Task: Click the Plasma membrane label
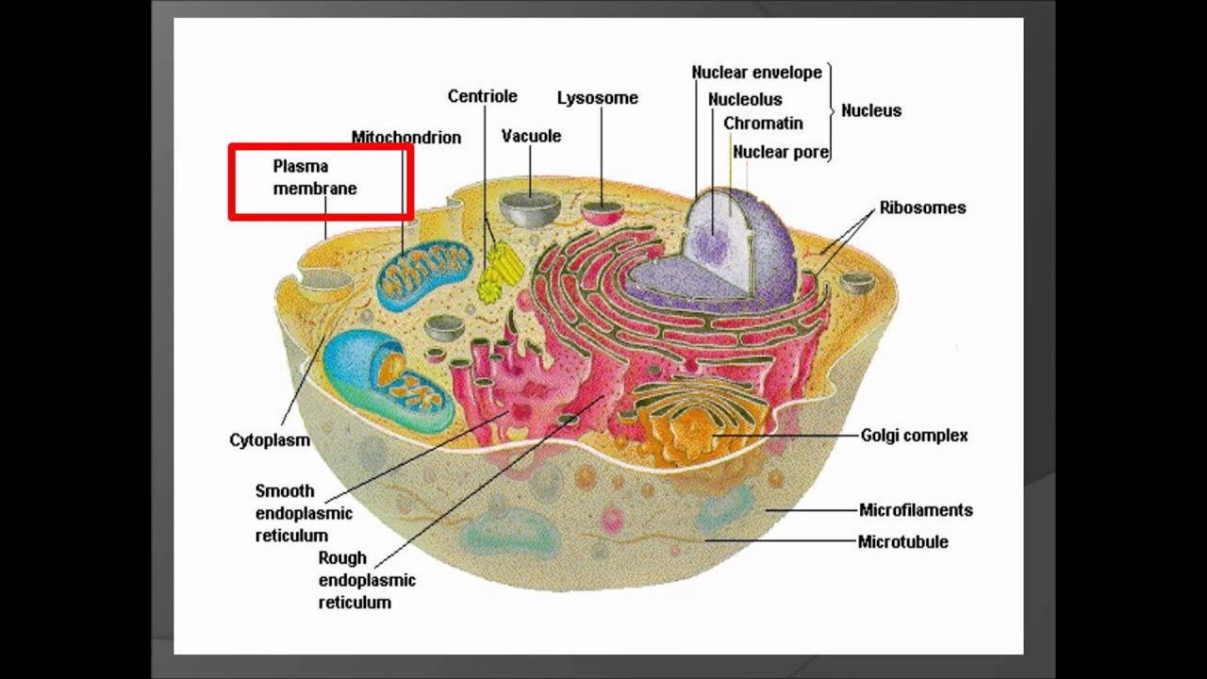[315, 177]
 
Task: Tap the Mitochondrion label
[406, 138]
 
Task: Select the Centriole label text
[482, 96]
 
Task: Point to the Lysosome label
[597, 98]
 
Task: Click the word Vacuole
[531, 136]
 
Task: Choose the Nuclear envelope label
[756, 73]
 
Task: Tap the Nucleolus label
[745, 99]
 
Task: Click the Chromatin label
[763, 124]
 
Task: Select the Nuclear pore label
[780, 152]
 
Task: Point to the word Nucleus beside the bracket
[871, 110]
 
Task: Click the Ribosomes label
[922, 207]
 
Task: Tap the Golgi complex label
[914, 436]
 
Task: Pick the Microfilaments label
[916, 510]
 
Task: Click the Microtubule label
[902, 542]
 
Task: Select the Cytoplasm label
[270, 440]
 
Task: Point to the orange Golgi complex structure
[693, 424]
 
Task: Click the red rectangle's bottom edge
[321, 218]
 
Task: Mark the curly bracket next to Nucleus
[831, 111]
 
